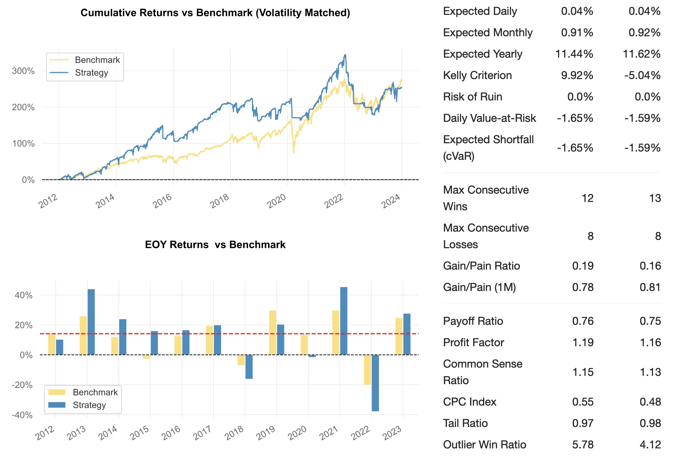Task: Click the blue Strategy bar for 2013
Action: pos(91,322)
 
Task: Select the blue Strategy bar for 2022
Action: pos(375,383)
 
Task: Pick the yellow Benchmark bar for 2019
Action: pos(273,332)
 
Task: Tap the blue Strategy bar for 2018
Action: pos(249,367)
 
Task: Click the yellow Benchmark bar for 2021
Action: pos(336,332)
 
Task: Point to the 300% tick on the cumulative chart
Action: pos(23,71)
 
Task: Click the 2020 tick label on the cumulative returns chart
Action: pos(276,201)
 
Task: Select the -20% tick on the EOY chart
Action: pos(22,385)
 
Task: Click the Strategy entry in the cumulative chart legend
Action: pos(91,73)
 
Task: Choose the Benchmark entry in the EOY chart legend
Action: pos(95,392)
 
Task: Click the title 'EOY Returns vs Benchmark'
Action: pos(215,245)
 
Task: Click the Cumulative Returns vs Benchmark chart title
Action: pos(215,13)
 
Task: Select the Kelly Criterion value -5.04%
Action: pos(642,75)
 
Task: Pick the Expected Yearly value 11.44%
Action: pos(574,54)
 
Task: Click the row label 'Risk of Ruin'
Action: pos(472,97)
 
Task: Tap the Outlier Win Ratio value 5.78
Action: pos(583,445)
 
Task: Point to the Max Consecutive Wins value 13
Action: pos(655,198)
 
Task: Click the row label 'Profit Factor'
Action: pos(474,342)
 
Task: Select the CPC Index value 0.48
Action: pos(650,402)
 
